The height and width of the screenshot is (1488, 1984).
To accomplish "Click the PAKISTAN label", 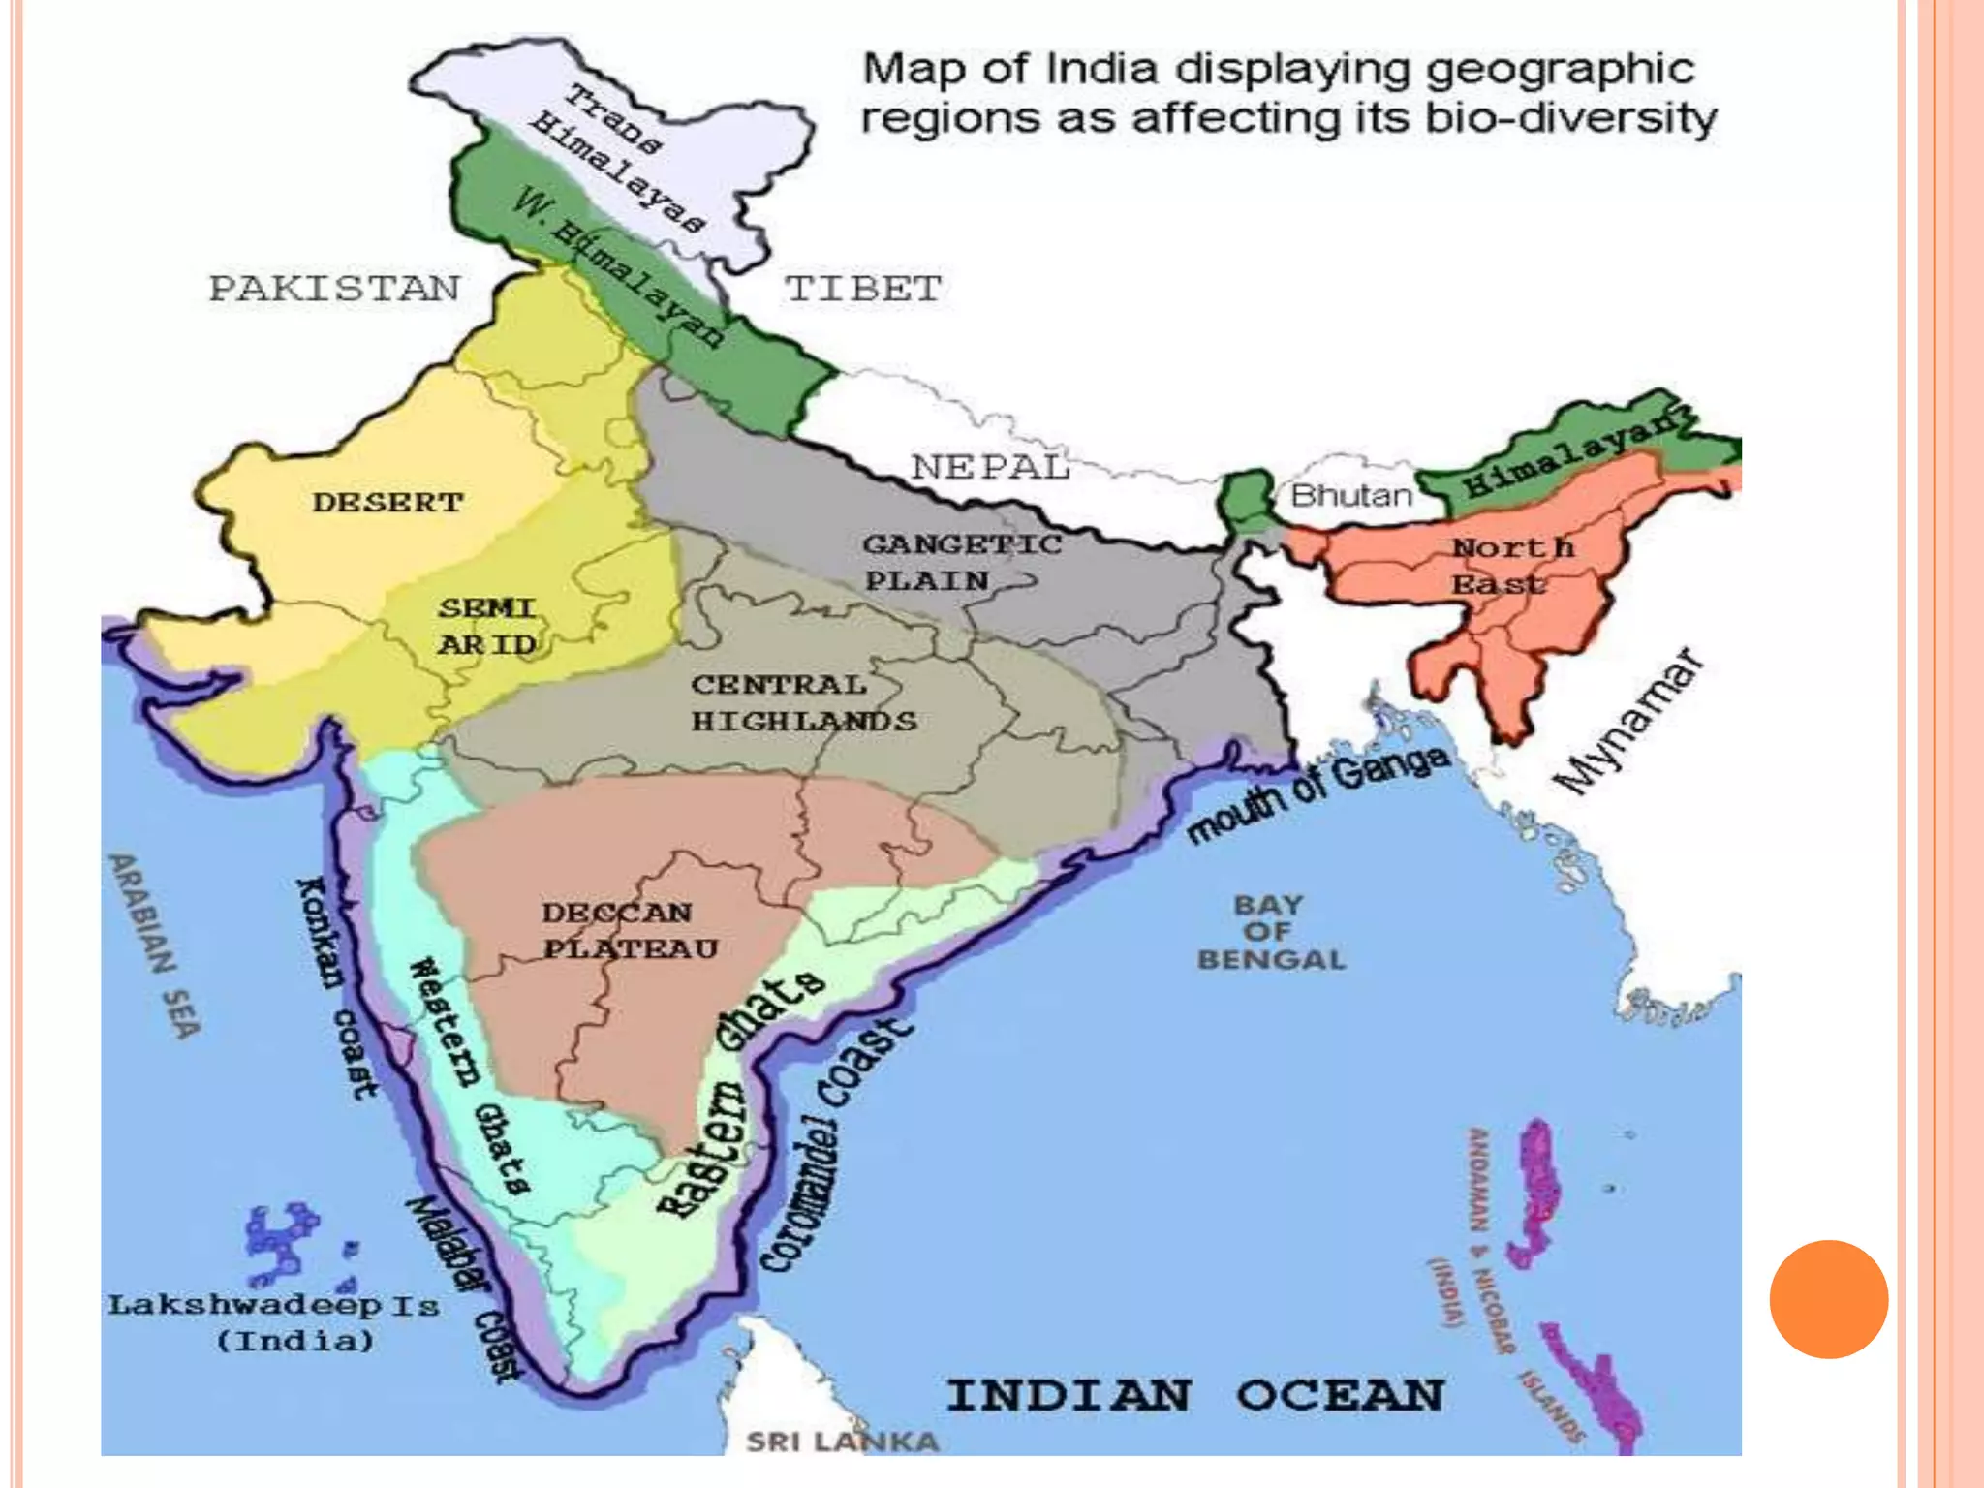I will click(335, 289).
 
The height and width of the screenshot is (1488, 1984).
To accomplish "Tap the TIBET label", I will click(862, 289).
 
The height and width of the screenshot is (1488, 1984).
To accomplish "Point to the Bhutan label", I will click(1351, 496).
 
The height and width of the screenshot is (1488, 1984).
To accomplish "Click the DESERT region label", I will click(387, 502).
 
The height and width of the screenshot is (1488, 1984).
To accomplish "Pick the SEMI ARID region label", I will click(487, 626).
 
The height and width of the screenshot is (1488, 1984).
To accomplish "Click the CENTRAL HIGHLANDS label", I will click(802, 702).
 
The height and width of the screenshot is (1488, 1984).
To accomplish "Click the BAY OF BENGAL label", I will click(1271, 932).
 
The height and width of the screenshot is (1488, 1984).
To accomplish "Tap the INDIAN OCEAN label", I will click(1193, 1395).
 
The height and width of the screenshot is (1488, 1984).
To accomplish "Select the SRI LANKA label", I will click(842, 1441).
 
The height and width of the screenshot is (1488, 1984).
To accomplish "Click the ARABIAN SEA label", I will click(155, 945).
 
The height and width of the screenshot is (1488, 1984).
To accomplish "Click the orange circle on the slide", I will click(1828, 1299).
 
